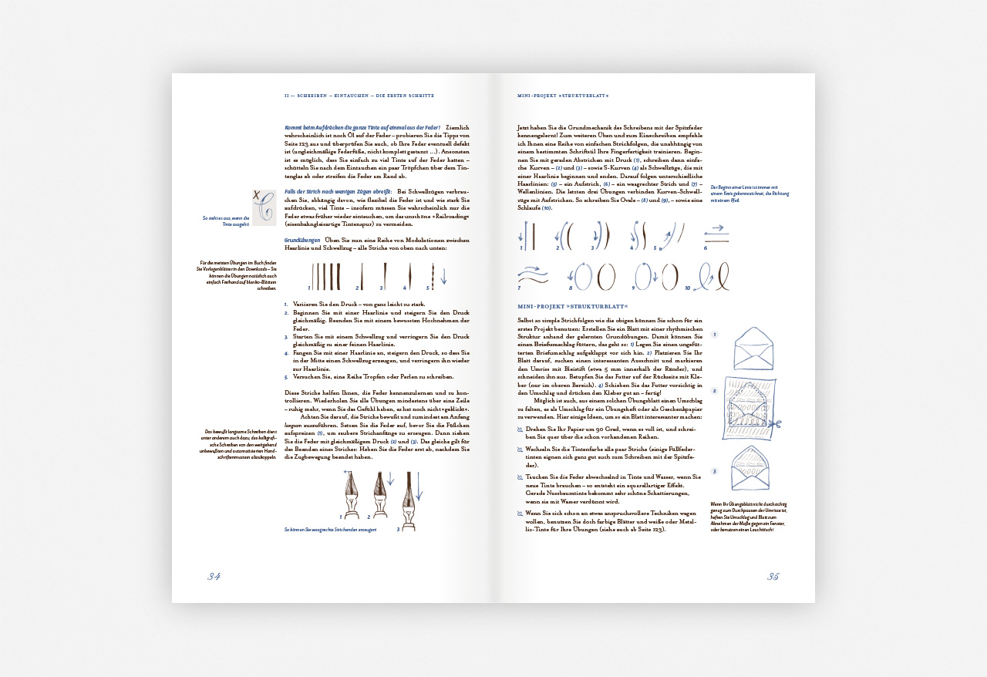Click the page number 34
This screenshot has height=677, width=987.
[x=214, y=577]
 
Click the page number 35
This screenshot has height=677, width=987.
[x=773, y=577]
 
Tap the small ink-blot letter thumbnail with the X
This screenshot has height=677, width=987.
[x=264, y=207]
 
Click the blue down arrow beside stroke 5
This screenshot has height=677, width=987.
[x=443, y=276]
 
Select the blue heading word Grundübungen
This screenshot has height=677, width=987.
[x=302, y=241]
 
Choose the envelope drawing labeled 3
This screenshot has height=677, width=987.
[x=750, y=468]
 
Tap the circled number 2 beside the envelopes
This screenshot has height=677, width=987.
[x=715, y=391]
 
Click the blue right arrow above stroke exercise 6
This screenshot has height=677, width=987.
[x=716, y=229]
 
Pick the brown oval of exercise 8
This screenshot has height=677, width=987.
[x=606, y=276]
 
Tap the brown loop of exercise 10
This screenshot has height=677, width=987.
[x=721, y=276]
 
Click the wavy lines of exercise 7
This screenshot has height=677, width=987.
[x=532, y=274]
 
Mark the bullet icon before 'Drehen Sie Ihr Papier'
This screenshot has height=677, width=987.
[x=520, y=429]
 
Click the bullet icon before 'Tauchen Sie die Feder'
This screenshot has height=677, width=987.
[x=520, y=477]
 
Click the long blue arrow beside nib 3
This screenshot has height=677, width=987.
[x=419, y=487]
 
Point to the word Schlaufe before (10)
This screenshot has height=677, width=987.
[x=529, y=208]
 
